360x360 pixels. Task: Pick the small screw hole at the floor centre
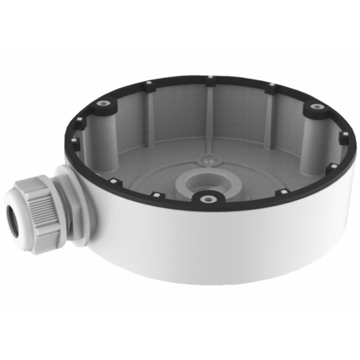[x=208, y=159]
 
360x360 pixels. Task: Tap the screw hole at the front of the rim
[x=207, y=197]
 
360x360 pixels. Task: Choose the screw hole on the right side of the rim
[x=315, y=106]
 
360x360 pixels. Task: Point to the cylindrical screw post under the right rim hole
[x=313, y=138]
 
